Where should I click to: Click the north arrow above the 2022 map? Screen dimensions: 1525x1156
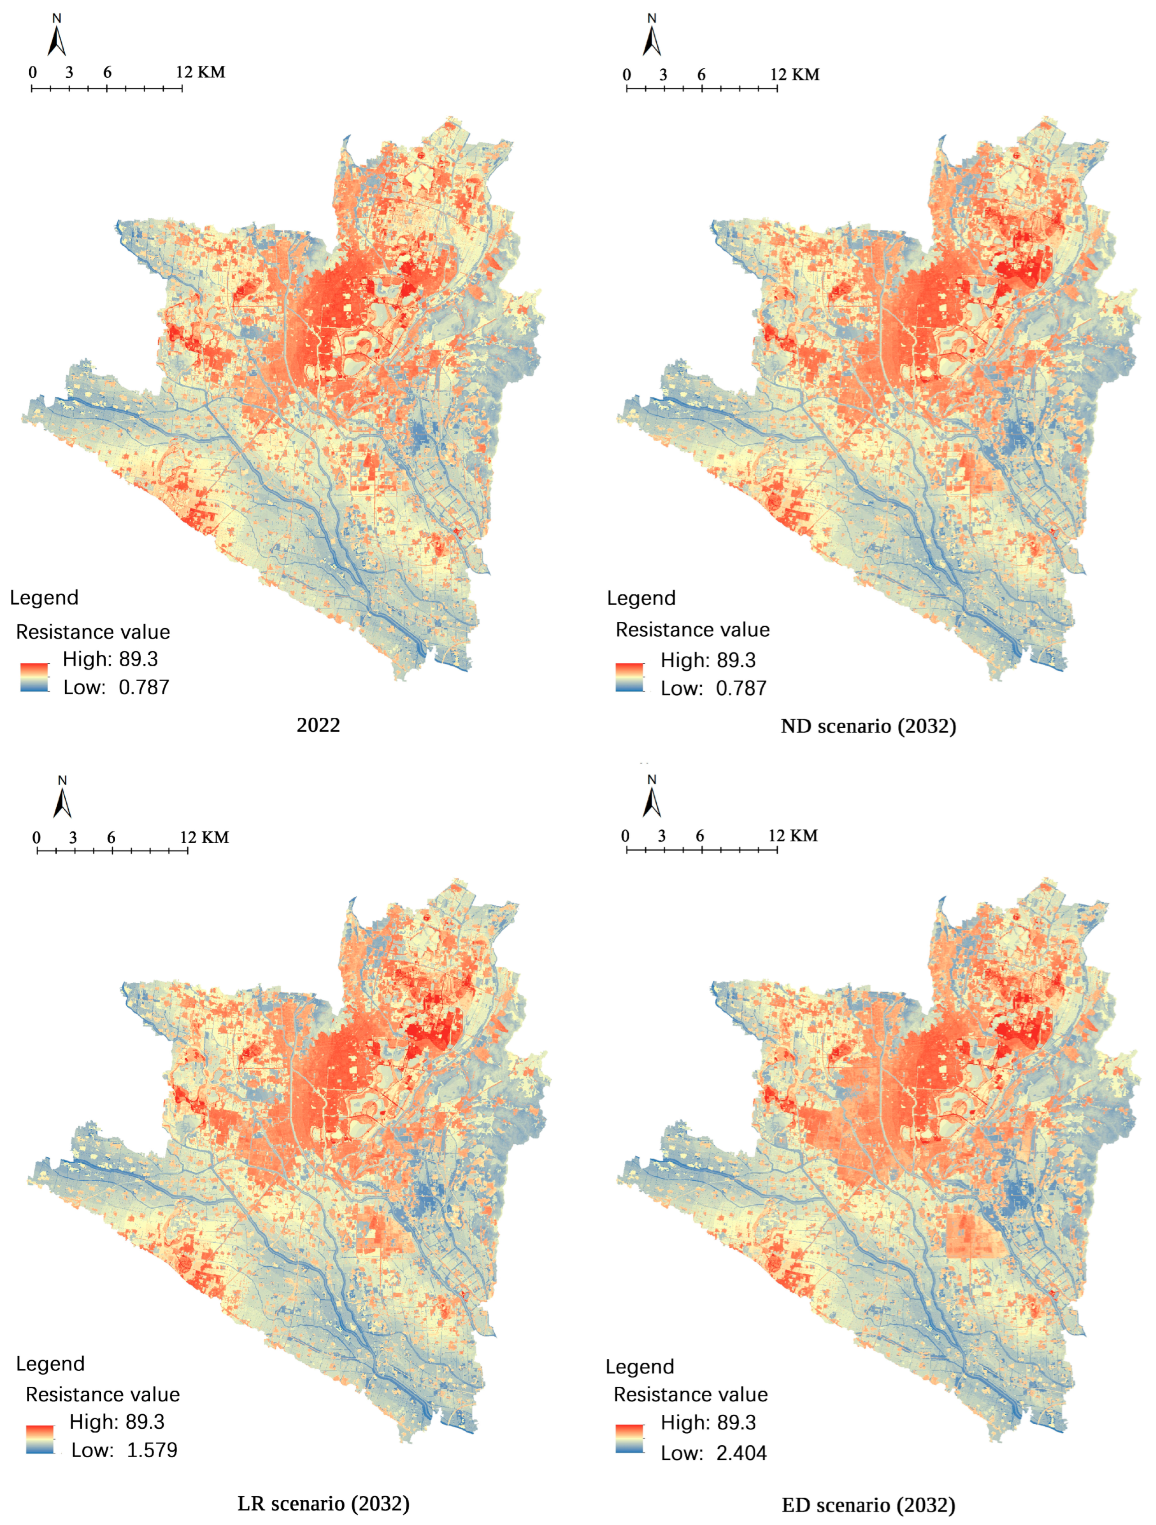(57, 37)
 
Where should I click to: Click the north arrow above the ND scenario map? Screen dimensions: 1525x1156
(651, 37)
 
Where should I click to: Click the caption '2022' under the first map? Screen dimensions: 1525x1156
(318, 725)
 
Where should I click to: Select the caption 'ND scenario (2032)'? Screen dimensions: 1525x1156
(868, 726)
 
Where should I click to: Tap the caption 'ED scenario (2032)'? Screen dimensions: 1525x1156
(868, 1505)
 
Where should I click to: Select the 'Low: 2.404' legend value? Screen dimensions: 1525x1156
(713, 1453)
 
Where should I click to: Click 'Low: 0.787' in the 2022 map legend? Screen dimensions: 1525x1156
(116, 688)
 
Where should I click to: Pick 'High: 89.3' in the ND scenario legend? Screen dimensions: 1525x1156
(708, 661)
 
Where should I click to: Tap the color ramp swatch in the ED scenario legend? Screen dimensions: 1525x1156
(629, 1438)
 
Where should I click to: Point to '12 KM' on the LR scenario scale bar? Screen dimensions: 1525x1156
(204, 837)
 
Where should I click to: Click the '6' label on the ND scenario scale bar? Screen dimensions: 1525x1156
(701, 74)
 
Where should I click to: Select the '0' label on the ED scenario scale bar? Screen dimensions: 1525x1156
(625, 836)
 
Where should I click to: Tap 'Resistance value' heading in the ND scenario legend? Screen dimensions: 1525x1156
(692, 630)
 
